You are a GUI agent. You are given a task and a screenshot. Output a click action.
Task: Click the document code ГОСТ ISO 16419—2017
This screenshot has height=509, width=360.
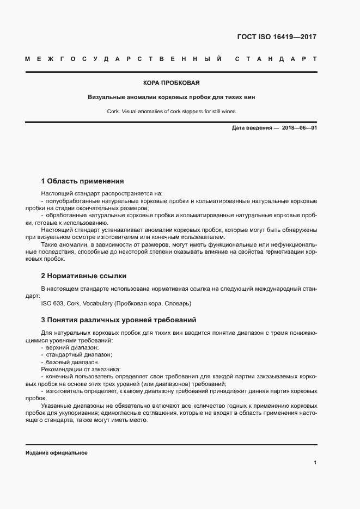[x=277, y=38]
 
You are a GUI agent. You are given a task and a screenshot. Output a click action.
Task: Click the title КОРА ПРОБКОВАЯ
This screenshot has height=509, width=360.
[x=171, y=83]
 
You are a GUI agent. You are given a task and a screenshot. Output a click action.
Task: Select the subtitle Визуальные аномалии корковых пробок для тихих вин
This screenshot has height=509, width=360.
[x=171, y=97]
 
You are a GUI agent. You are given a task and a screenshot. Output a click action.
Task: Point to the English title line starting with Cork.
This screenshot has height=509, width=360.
[x=171, y=112]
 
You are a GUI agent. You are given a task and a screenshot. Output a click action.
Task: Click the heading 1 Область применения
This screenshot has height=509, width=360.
[x=82, y=181]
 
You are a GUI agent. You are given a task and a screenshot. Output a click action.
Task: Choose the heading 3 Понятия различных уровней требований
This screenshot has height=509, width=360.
[x=118, y=319]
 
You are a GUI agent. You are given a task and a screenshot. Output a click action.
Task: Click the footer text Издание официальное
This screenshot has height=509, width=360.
[x=56, y=453]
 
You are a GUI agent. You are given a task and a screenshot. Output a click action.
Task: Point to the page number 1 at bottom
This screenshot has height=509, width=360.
[x=315, y=462]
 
